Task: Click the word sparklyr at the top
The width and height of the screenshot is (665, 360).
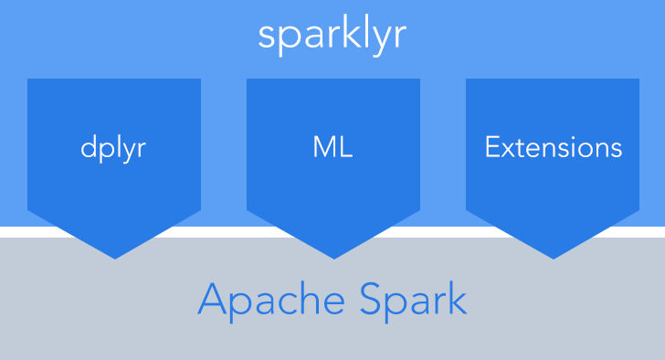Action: [332, 36]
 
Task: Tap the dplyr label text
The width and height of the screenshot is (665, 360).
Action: [114, 148]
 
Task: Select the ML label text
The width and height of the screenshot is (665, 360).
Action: [332, 147]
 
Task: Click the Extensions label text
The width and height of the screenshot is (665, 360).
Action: [554, 147]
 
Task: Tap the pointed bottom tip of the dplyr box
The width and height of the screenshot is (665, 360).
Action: [114, 257]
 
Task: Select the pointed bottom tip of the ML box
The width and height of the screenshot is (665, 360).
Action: [333, 257]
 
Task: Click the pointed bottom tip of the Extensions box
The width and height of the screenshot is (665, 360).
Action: [553, 257]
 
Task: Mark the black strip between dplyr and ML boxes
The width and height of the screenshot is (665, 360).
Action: [224, 229]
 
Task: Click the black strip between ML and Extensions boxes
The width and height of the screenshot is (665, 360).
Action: [443, 229]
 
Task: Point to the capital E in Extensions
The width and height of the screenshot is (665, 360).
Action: [492, 147]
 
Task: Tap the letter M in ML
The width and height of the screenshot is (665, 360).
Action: [322, 147]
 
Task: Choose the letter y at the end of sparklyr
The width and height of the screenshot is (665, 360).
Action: [384, 39]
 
